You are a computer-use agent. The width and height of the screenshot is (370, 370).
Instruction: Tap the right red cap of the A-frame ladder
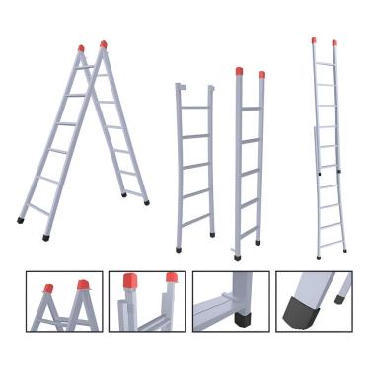[x=103, y=44]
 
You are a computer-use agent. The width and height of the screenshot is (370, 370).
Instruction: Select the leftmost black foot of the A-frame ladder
[x=21, y=220]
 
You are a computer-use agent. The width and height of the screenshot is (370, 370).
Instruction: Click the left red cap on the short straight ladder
[x=240, y=71]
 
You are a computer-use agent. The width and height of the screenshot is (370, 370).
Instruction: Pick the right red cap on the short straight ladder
[x=261, y=75]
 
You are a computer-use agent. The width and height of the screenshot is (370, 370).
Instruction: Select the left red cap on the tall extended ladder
[x=315, y=40]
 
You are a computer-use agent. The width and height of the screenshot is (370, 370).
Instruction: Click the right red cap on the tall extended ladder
[x=333, y=43]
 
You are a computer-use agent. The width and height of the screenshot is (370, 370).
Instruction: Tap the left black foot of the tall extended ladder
[x=318, y=258]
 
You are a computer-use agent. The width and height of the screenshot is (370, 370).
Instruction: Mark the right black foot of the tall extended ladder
[x=345, y=252]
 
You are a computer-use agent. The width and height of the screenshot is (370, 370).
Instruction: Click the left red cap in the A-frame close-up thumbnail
[x=47, y=288]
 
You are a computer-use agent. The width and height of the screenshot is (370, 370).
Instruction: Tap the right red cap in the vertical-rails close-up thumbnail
[x=172, y=279]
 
